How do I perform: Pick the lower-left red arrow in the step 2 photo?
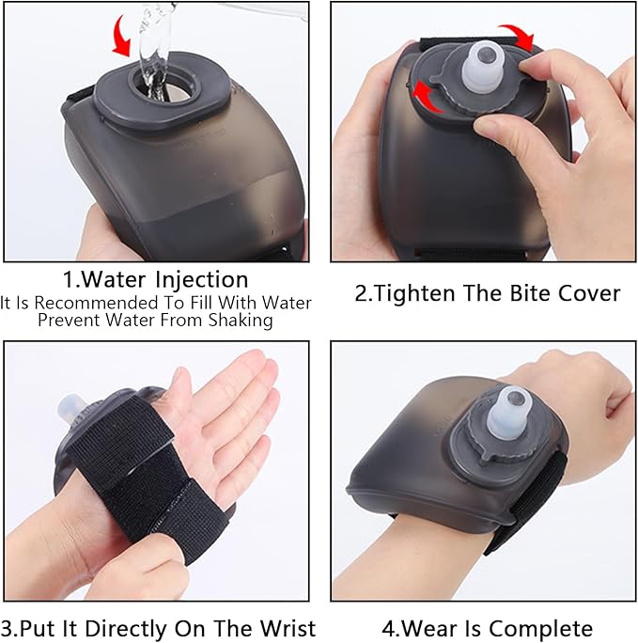[x=423, y=96]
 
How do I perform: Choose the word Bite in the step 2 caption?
[x=529, y=293]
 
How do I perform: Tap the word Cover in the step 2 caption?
[x=589, y=293]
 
